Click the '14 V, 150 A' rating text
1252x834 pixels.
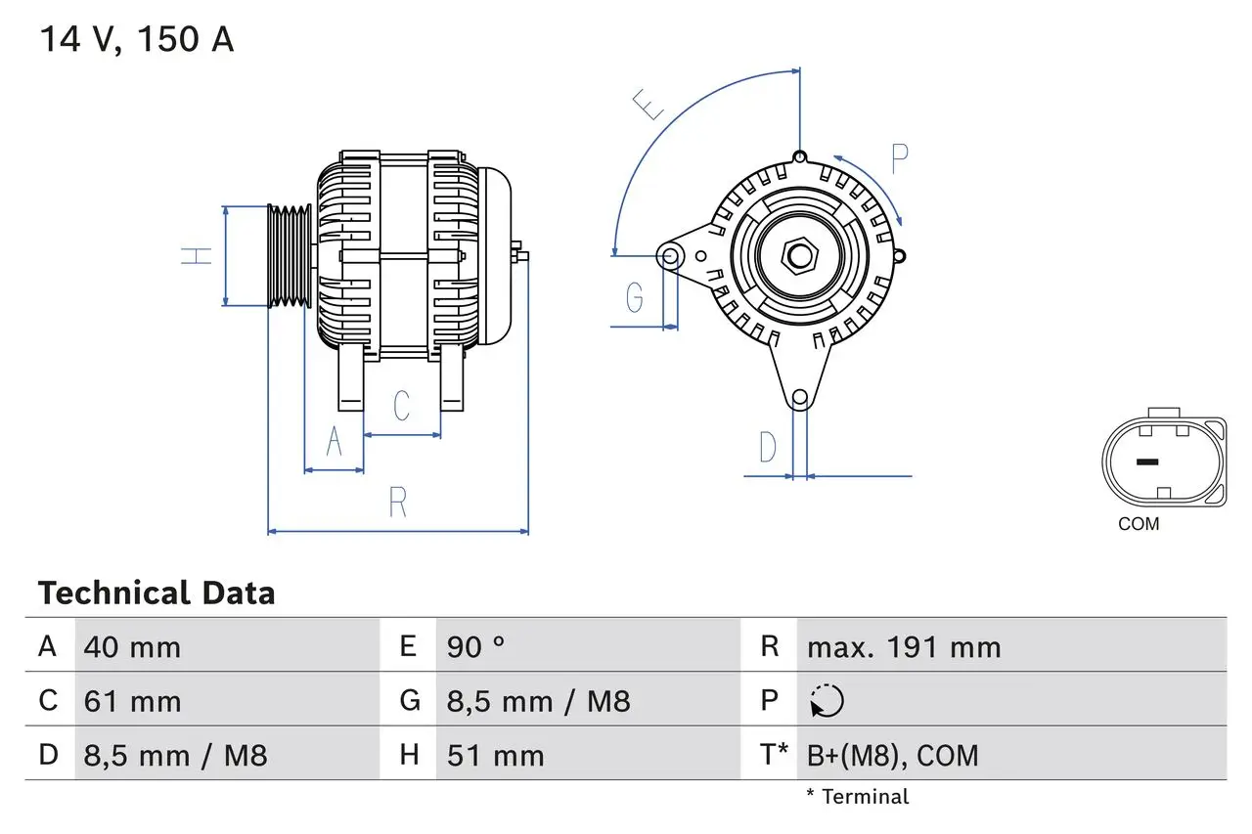point(136,39)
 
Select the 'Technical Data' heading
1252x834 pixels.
point(156,593)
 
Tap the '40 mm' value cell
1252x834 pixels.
point(132,647)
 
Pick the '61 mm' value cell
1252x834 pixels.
point(132,701)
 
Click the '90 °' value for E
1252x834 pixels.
point(476,647)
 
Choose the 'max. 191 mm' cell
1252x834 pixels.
point(903,647)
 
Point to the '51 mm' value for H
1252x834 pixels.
point(495,755)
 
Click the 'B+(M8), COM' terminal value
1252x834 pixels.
point(892,755)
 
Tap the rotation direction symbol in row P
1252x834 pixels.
point(827,701)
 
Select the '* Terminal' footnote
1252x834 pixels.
point(857,797)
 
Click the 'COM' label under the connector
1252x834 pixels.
point(1139,524)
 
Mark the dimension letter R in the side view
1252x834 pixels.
point(397,502)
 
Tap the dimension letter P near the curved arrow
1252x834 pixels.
point(899,157)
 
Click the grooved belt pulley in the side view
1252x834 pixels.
point(290,256)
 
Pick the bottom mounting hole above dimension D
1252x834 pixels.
point(800,397)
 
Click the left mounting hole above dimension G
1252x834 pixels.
point(670,257)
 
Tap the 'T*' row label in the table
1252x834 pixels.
point(774,755)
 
